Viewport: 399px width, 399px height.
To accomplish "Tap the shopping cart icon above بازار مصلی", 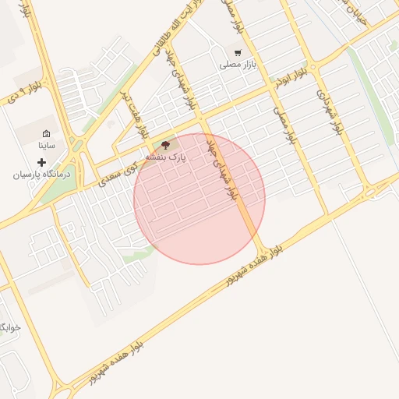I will tap(237, 53).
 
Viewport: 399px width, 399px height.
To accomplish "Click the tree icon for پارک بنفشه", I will tap(165, 144).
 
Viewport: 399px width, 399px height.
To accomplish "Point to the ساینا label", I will tap(47, 145).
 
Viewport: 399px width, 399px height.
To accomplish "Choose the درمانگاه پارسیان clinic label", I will tap(41, 175).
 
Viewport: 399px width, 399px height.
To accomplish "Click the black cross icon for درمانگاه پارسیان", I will tap(41, 162).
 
